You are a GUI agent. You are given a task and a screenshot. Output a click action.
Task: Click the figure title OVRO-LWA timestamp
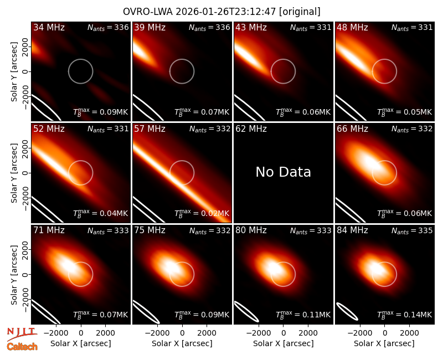(x=221, y=12)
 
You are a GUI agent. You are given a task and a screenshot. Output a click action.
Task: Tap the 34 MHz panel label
(x=49, y=27)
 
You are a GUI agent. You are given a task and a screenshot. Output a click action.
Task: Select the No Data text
(x=283, y=172)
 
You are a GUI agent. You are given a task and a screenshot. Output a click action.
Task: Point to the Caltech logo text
(x=22, y=347)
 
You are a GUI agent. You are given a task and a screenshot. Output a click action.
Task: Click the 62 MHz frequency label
(x=251, y=129)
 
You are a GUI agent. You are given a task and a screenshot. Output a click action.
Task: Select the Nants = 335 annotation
(x=412, y=230)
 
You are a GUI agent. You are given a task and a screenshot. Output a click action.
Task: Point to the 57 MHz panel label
(x=150, y=129)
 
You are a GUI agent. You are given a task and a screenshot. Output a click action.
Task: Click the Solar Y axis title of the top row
(x=14, y=72)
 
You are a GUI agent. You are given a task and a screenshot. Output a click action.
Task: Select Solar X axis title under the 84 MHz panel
(x=384, y=343)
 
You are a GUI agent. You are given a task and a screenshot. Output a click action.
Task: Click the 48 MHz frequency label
(x=352, y=27)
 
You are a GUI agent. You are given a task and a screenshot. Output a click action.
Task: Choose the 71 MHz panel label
(x=49, y=230)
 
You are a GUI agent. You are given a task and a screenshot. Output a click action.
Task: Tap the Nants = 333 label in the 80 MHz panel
(x=311, y=230)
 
